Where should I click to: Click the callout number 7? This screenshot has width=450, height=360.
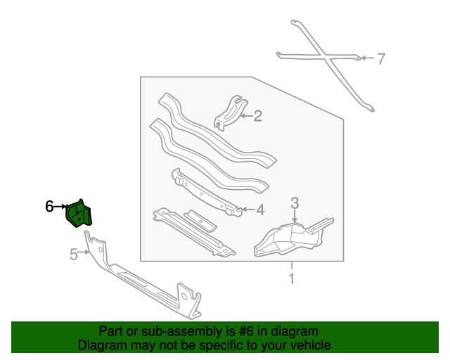pyautogui.click(x=380, y=58)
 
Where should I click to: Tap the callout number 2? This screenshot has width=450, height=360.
pyautogui.click(x=258, y=116)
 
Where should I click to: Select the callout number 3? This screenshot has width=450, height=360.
pyautogui.click(x=295, y=202)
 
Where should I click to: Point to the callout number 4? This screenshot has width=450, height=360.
pyautogui.click(x=260, y=210)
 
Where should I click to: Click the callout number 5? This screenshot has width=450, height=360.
pyautogui.click(x=74, y=255)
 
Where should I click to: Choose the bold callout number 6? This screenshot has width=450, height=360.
pyautogui.click(x=49, y=207)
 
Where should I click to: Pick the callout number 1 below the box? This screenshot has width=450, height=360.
pyautogui.click(x=292, y=278)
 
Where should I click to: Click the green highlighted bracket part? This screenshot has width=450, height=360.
pyautogui.click(x=79, y=213)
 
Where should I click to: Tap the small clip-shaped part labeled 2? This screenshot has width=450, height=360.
pyautogui.click(x=231, y=112)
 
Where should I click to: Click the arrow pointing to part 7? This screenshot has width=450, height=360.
pyautogui.click(x=367, y=58)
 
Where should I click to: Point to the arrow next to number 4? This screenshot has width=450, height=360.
pyautogui.click(x=247, y=210)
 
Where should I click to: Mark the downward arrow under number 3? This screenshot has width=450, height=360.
pyautogui.click(x=295, y=216)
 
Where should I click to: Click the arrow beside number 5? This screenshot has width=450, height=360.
pyautogui.click(x=84, y=252)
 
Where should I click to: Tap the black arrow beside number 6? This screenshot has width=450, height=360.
pyautogui.click(x=60, y=207)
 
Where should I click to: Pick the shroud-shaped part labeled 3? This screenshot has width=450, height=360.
pyautogui.click(x=294, y=237)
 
